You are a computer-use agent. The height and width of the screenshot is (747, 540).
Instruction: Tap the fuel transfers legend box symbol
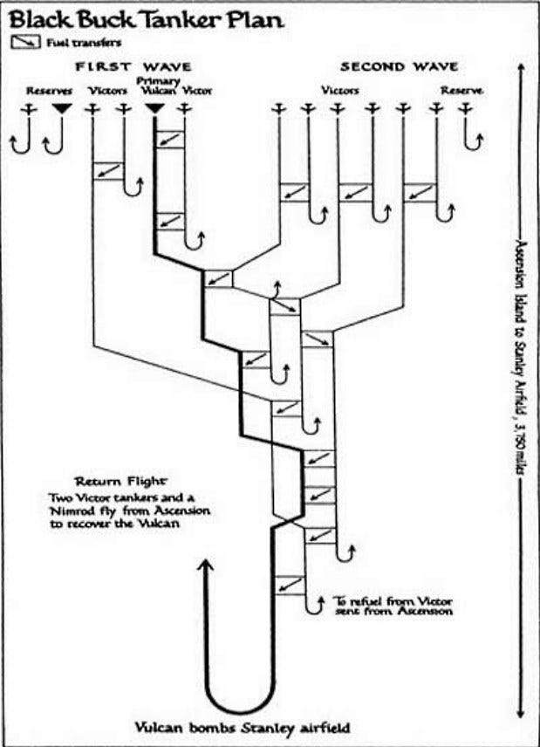[x=26, y=43]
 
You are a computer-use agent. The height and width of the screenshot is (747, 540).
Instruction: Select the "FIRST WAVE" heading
[x=133, y=66]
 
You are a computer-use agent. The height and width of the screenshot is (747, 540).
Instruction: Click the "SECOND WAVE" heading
[x=399, y=66]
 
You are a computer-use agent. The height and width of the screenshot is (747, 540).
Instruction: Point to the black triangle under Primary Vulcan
[x=154, y=109]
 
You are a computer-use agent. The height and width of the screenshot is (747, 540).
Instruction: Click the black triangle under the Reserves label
[x=62, y=109]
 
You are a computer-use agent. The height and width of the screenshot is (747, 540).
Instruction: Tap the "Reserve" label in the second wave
[x=461, y=91]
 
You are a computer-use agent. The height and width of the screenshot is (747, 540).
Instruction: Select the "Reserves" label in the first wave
[x=49, y=91]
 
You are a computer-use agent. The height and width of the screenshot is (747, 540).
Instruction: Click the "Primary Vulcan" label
[x=158, y=86]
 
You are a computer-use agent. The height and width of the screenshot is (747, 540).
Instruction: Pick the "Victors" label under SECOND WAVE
[x=340, y=91]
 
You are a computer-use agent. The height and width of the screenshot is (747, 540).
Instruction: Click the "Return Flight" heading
[x=121, y=481]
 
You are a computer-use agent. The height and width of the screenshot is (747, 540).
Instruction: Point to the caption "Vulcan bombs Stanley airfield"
[x=243, y=728]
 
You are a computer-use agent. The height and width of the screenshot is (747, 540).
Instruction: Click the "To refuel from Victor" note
[x=393, y=601]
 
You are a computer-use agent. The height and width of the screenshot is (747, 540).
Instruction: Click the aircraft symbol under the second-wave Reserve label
[x=465, y=109]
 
